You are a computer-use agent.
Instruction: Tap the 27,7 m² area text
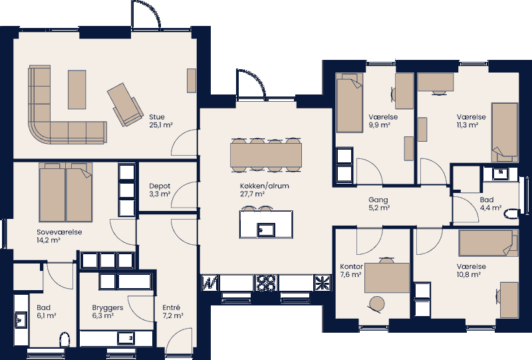point(253,194)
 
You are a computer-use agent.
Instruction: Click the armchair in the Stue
point(126,104)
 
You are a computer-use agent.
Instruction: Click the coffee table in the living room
point(76,89)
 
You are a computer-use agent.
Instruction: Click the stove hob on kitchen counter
point(267,283)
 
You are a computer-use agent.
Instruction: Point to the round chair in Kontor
point(376,304)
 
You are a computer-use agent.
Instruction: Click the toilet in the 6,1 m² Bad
point(65,341)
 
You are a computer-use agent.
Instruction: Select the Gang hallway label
point(378,200)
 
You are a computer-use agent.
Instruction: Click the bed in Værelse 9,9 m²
point(348,104)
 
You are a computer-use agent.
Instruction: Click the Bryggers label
point(107,308)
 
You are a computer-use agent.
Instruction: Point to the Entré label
point(171,307)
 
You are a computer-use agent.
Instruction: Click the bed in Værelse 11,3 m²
point(503,131)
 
